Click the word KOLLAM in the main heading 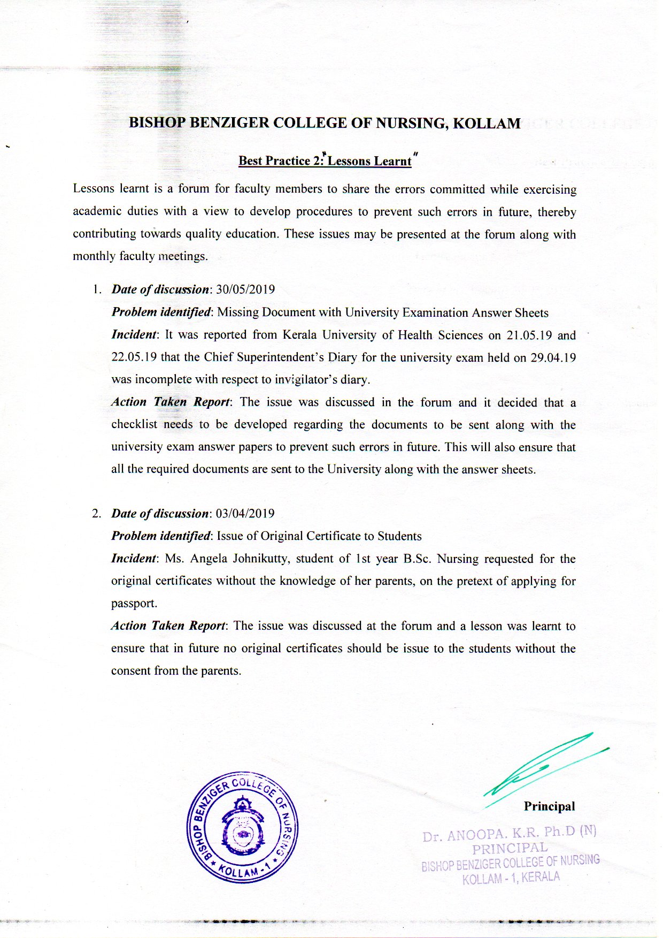(x=487, y=124)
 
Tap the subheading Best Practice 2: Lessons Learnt (x=325, y=161)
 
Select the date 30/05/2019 (x=245, y=289)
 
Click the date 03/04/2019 (x=245, y=514)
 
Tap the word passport (x=134, y=604)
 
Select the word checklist (x=134, y=425)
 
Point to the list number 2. (x=96, y=514)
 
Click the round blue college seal (x=242, y=827)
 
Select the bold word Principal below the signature (x=549, y=806)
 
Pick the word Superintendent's (x=278, y=357)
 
